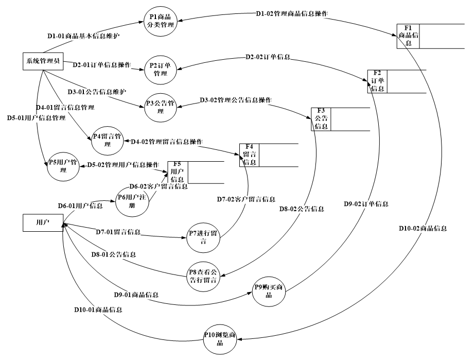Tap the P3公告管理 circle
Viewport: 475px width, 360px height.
coord(160,106)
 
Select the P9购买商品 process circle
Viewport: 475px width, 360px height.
coord(269,291)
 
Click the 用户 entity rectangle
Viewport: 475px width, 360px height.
coord(43,223)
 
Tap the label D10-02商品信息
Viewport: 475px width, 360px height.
coord(423,228)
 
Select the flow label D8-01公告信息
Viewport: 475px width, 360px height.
coord(114,254)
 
